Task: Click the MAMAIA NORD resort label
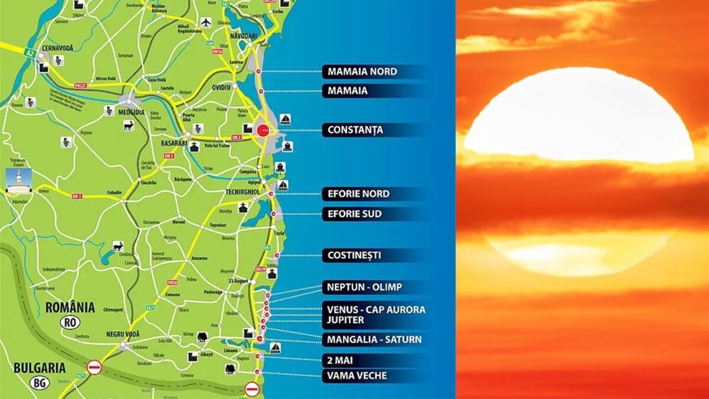(x=362, y=71)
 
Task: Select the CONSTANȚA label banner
(x=355, y=130)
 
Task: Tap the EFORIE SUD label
(x=354, y=214)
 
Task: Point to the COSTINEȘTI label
(x=354, y=255)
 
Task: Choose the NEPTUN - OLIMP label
(x=364, y=287)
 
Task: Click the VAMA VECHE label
(x=357, y=375)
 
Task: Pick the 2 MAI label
(x=339, y=360)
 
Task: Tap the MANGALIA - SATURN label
(x=374, y=339)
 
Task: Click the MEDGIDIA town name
(x=129, y=112)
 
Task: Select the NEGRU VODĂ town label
(x=123, y=334)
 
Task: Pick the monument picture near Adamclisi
(x=18, y=181)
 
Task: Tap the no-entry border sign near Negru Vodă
(x=95, y=367)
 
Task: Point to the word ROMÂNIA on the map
(x=70, y=308)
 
